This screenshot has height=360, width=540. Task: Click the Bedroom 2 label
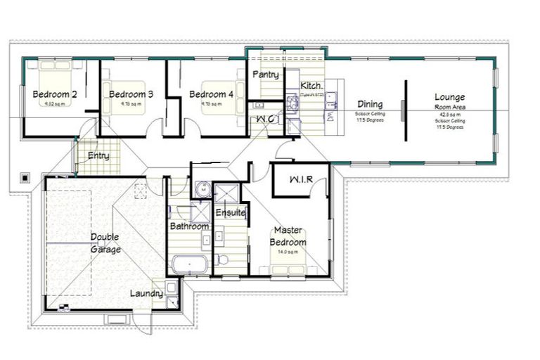[54, 94]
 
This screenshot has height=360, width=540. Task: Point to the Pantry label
[265, 75]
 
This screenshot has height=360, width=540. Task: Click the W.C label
[266, 119]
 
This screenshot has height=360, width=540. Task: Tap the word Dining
[370, 104]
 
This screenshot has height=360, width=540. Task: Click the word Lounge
[450, 97]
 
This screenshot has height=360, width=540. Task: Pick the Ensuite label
[230, 212]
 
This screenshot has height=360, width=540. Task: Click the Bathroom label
[189, 226]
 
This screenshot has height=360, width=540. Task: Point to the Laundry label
[146, 293]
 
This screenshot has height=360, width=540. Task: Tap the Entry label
[98, 156]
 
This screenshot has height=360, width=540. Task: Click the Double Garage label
[105, 243]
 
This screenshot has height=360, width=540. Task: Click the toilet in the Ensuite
[221, 257]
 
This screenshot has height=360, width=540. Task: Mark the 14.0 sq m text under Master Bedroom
[288, 252]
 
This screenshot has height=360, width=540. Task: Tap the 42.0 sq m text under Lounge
[450, 113]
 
